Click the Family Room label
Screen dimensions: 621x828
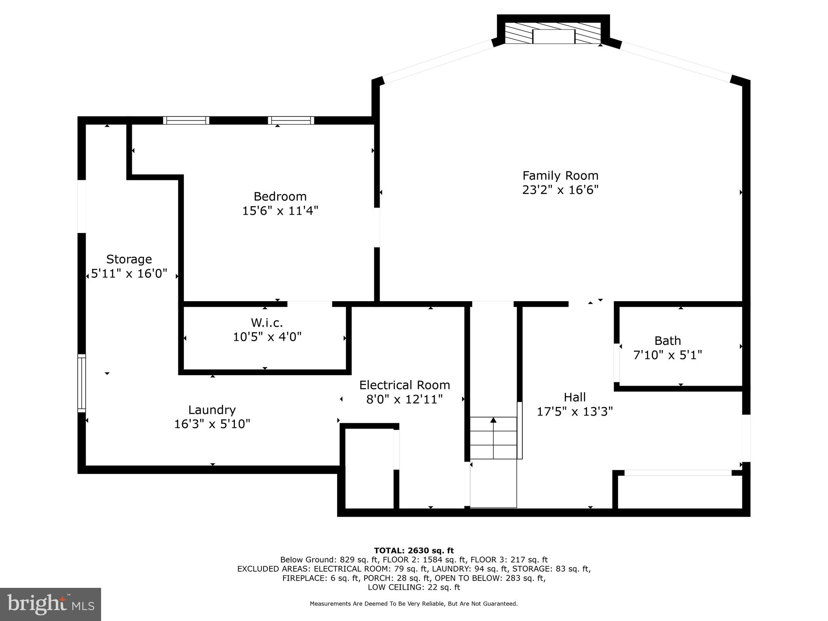click(560, 175)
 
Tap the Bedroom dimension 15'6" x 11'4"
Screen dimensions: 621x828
click(280, 211)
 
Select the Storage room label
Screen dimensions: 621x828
click(129, 259)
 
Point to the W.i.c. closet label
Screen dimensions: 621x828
click(267, 322)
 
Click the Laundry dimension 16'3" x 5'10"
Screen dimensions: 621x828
click(212, 424)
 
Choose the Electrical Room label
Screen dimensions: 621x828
click(404, 384)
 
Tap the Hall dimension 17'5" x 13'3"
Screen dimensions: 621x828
click(575, 412)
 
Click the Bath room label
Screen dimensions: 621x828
click(667, 340)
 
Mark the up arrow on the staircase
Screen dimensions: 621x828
click(493, 420)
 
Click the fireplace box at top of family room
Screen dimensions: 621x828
click(553, 36)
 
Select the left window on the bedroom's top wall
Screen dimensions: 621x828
click(186, 120)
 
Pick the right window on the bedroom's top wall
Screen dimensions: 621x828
click(291, 120)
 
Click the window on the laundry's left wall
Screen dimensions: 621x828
click(82, 383)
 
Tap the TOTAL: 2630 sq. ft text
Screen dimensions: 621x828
click(414, 550)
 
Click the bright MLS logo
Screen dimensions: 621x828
click(51, 604)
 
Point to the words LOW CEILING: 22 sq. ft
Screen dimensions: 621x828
click(414, 587)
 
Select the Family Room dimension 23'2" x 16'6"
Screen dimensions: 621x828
click(560, 190)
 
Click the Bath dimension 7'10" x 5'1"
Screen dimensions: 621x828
click(667, 355)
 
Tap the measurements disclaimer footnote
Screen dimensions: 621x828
click(414, 604)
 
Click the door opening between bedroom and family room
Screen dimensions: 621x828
click(377, 227)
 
